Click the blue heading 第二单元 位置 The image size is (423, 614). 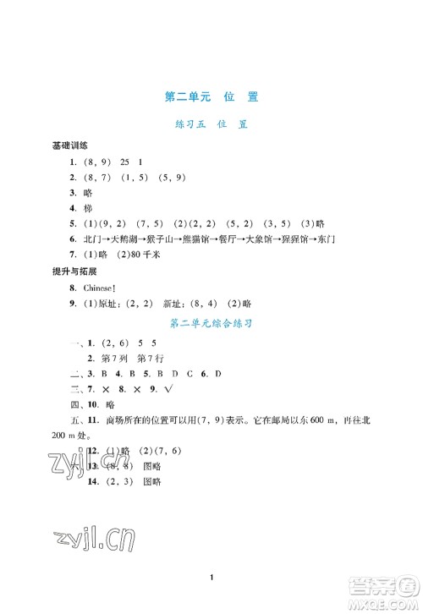tap(211, 96)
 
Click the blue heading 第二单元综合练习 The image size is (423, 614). tap(211, 322)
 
